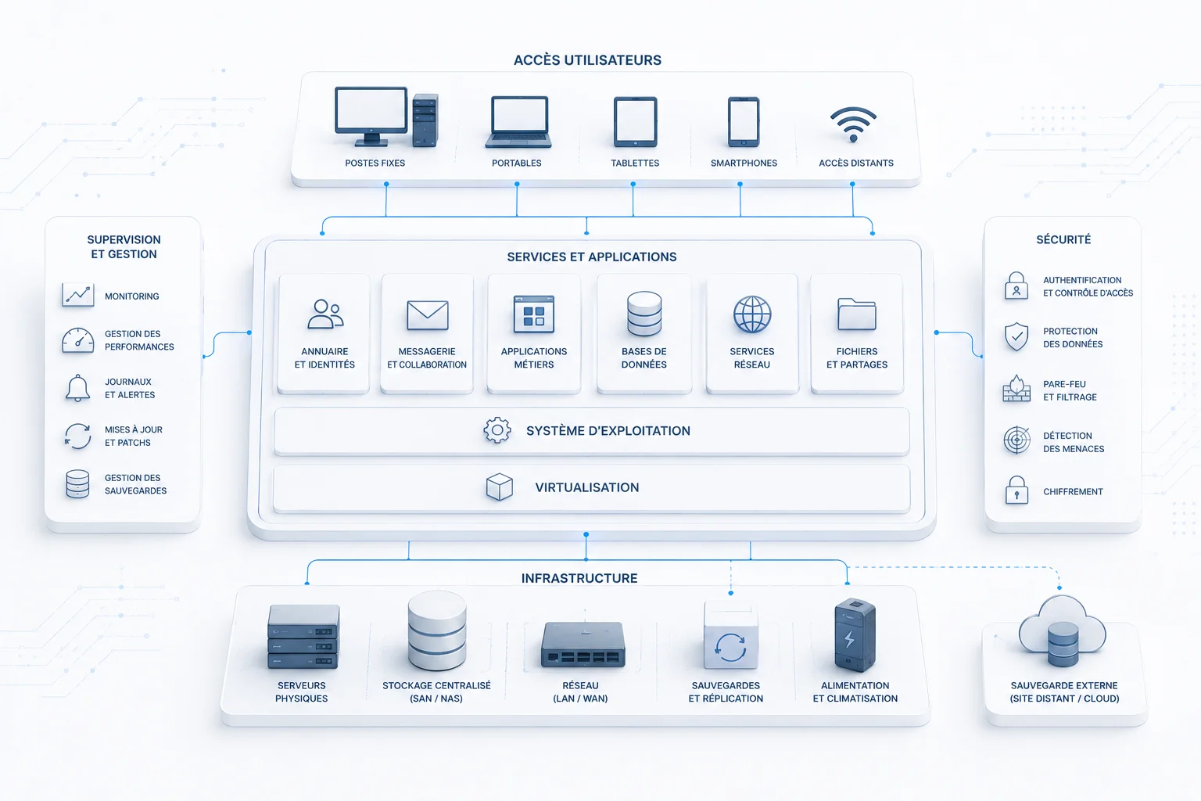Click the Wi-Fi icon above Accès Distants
point(853,124)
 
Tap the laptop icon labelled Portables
point(518,122)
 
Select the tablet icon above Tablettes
point(636,122)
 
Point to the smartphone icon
point(743,122)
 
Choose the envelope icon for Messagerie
point(428,315)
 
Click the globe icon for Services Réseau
point(752,314)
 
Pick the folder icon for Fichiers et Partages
point(857,314)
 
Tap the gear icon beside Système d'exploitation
point(497,430)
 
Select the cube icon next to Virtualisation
point(499,487)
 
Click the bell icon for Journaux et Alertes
point(77,388)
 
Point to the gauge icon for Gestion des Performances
point(77,340)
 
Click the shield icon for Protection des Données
point(1016,337)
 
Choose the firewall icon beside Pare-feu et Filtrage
point(1016,389)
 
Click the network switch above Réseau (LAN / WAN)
point(583,645)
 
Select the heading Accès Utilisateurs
point(587,60)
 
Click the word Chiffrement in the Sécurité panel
point(1073,491)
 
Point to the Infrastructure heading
point(579,578)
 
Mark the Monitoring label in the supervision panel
point(132,296)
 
